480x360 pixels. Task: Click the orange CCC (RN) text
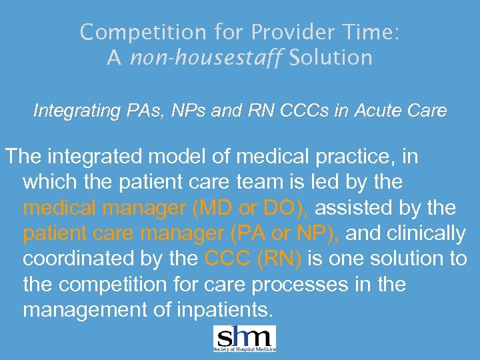pos(254,259)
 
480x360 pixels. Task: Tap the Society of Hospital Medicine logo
pos(244,339)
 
